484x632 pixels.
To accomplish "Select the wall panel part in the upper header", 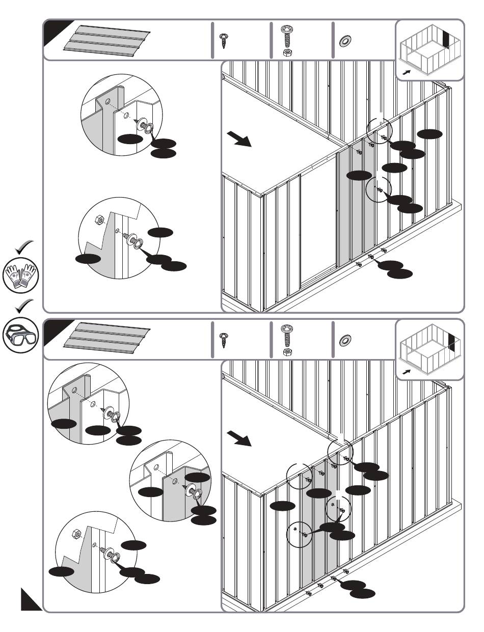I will [x=107, y=40].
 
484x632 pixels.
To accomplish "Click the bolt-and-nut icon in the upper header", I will [x=286, y=41].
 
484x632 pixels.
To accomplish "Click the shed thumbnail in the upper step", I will [x=429, y=50].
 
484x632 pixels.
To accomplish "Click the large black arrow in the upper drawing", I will [x=239, y=139].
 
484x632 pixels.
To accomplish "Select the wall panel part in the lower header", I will [x=107, y=339].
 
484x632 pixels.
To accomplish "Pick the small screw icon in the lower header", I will [x=224, y=339].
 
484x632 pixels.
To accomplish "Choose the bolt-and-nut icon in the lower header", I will [x=286, y=340].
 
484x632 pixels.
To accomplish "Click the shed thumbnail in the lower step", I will [x=429, y=350].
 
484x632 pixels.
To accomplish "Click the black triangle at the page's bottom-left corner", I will [x=30, y=599].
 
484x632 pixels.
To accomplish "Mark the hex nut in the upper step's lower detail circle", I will [x=100, y=221].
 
